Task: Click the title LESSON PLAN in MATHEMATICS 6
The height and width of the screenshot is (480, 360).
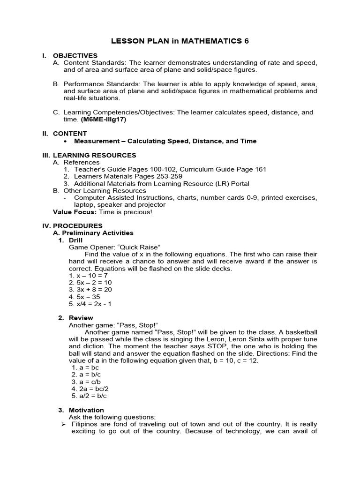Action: click(180, 41)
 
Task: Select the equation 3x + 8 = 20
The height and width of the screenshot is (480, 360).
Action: click(90, 290)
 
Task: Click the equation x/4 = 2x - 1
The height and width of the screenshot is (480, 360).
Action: click(93, 304)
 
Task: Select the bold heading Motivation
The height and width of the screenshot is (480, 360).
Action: click(86, 410)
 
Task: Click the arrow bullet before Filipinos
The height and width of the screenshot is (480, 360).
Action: click(63, 424)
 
